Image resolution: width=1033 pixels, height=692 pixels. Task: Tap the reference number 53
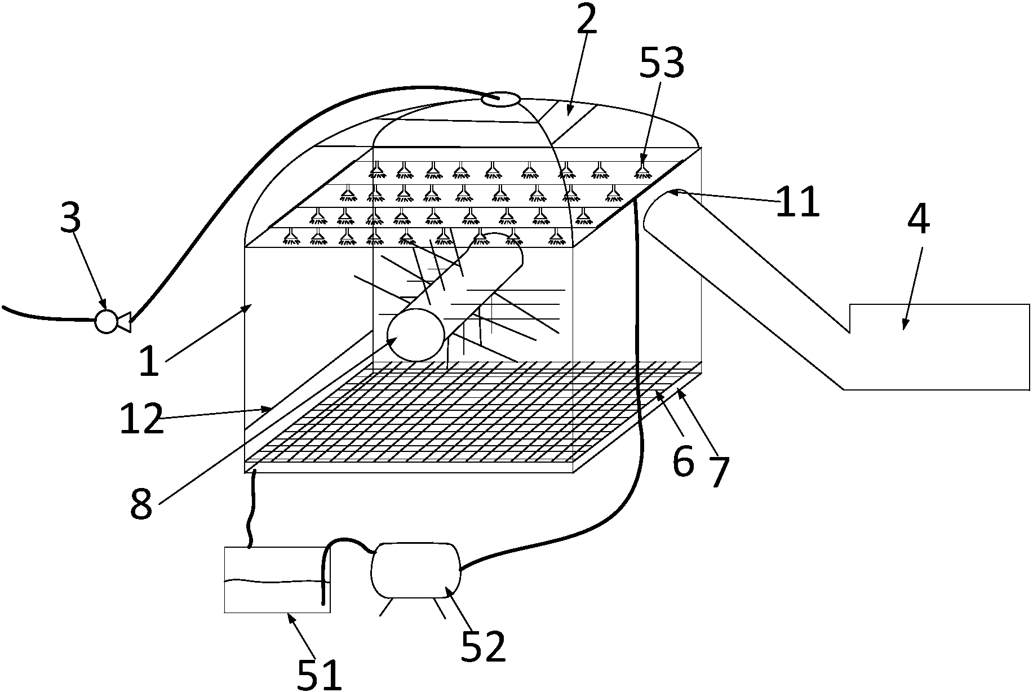click(x=662, y=63)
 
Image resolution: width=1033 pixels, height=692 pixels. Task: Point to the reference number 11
click(x=797, y=201)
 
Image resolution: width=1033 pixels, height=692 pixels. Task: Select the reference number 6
click(x=684, y=462)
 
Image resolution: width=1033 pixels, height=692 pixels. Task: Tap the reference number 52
click(x=483, y=646)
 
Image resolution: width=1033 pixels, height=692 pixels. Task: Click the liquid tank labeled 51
click(x=277, y=579)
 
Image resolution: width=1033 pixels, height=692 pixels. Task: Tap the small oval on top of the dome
click(x=500, y=100)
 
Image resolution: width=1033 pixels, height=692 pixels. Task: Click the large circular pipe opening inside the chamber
click(x=416, y=335)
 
